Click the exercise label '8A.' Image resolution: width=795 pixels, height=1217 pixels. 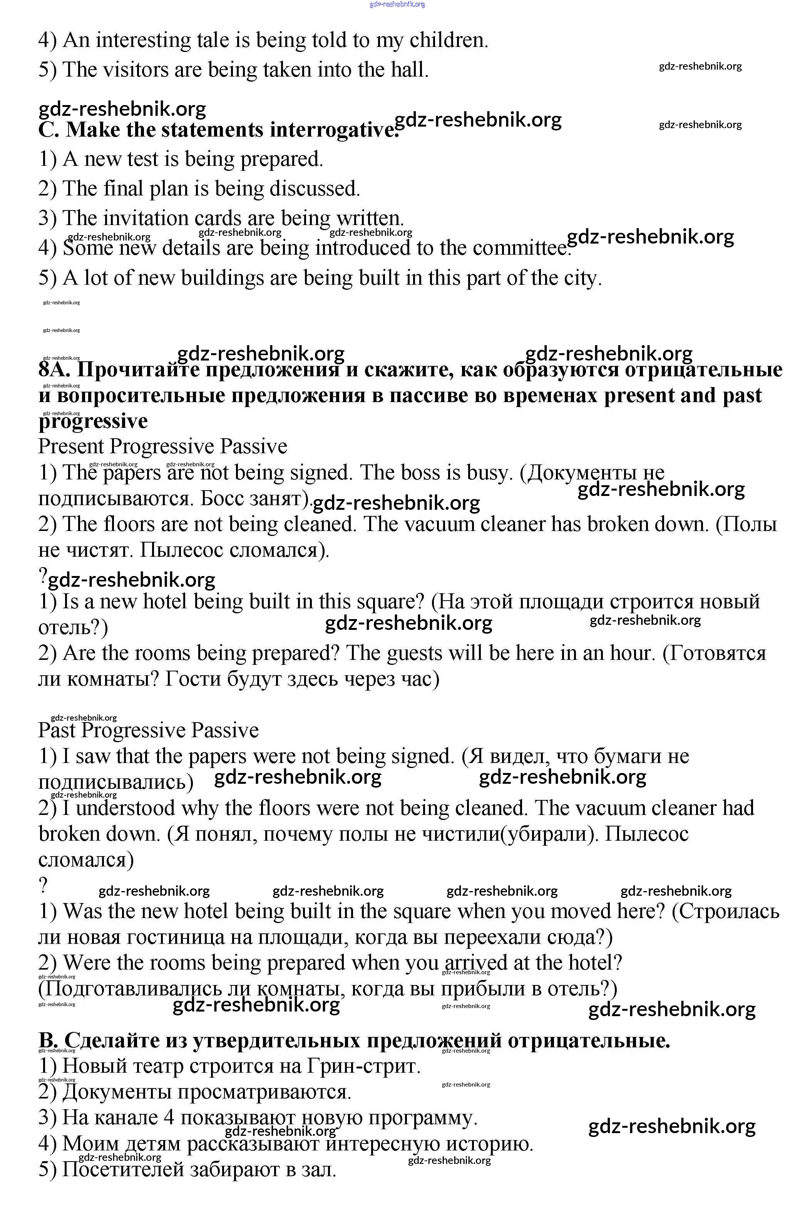[x=56, y=369]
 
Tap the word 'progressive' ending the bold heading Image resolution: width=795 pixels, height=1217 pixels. [x=93, y=421]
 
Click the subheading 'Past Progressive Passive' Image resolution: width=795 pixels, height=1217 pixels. [x=148, y=730]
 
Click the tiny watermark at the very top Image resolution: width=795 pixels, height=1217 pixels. [x=397, y=5]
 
